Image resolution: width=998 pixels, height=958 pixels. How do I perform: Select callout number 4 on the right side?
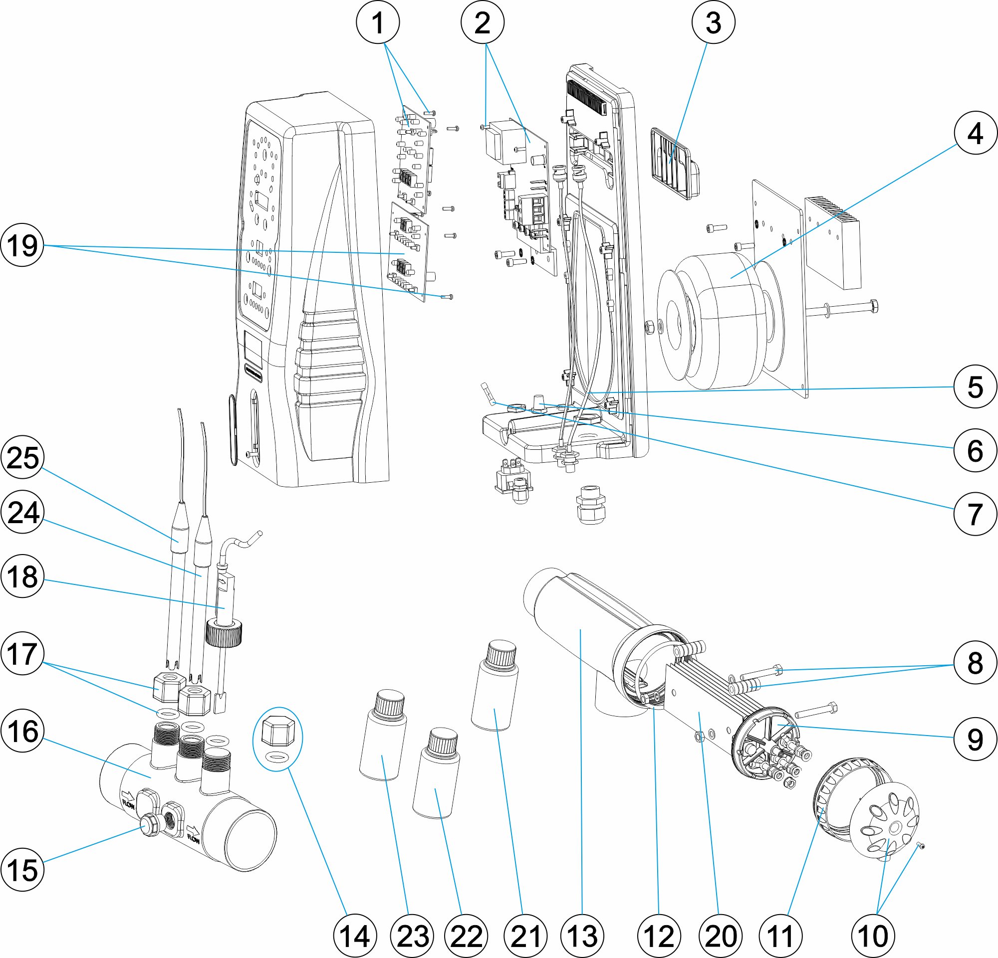click(x=975, y=133)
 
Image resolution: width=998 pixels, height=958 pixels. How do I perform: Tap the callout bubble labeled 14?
click(x=355, y=936)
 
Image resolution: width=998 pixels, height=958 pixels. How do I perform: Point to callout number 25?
click(x=22, y=457)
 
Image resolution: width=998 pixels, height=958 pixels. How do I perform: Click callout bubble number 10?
click(x=873, y=936)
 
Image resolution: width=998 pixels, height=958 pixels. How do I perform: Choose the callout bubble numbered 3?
click(x=714, y=22)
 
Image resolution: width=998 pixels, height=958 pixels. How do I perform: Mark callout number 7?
click(x=975, y=514)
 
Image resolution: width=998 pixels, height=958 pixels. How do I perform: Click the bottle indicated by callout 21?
click(x=495, y=687)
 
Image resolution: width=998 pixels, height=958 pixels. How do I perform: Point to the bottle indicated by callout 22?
click(x=436, y=773)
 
